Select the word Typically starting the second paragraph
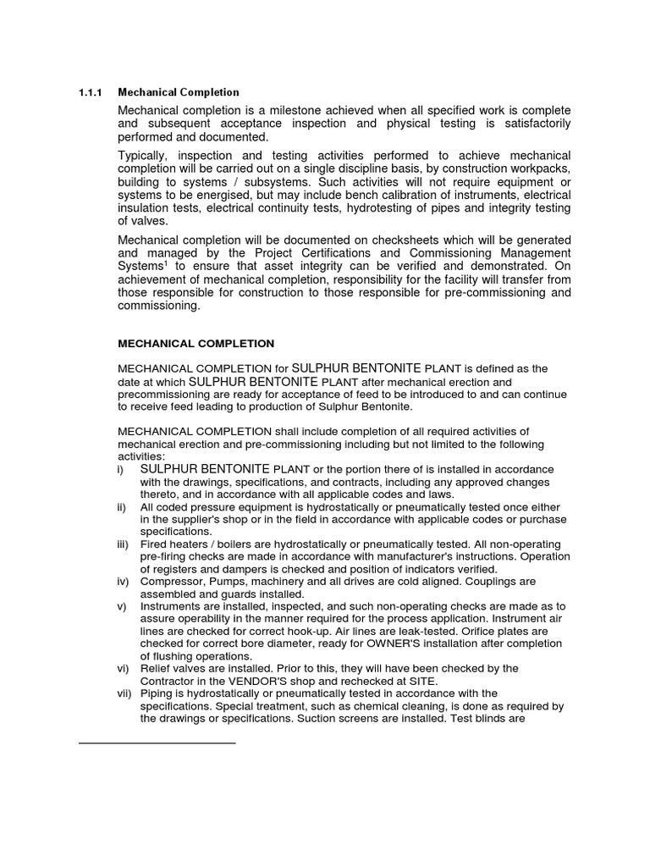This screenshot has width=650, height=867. tap(147, 156)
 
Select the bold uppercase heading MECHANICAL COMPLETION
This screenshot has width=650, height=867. tap(196, 344)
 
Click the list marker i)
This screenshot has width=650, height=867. tap(120, 469)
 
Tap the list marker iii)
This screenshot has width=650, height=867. tap(123, 544)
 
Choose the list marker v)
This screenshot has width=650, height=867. tap(121, 606)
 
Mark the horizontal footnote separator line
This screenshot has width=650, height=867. tap(156, 743)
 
